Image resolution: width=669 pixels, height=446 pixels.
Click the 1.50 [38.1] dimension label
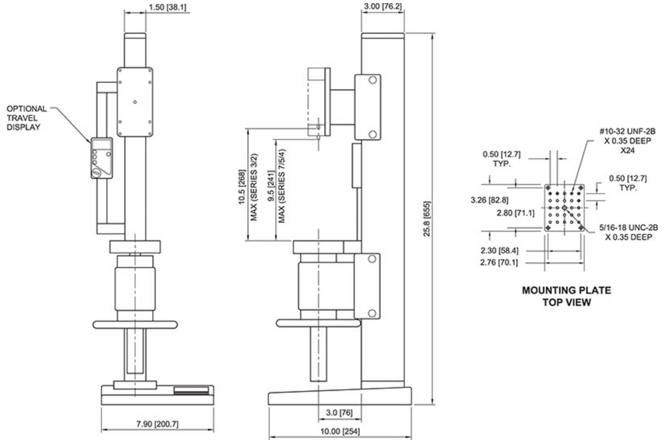click(167, 7)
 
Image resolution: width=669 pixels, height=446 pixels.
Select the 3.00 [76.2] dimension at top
click(383, 6)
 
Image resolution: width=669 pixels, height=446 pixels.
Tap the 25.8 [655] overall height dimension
click(427, 218)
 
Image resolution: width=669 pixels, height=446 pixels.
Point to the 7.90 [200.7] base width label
click(157, 424)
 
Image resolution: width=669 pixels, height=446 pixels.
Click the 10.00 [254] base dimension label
click(340, 432)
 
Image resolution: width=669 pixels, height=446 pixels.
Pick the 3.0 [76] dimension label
click(339, 413)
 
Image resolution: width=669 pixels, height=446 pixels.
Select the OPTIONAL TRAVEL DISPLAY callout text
click(26, 118)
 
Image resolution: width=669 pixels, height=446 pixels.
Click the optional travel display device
click(101, 158)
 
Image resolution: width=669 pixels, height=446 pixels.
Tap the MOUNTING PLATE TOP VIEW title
click(566, 296)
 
